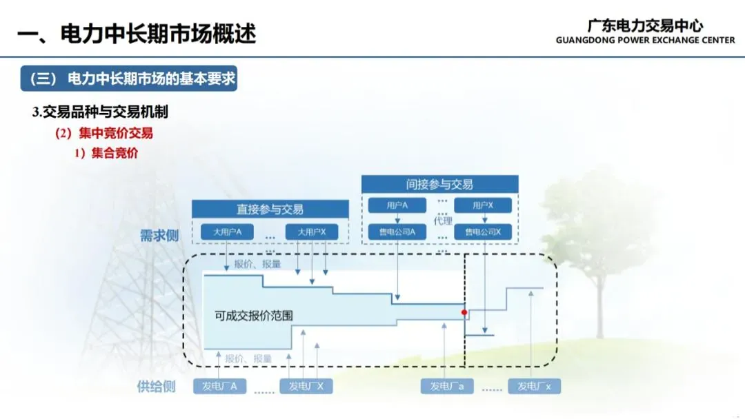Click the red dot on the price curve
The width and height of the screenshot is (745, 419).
[464, 312]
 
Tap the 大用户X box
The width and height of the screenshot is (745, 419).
[312, 232]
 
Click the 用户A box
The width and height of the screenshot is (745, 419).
[397, 205]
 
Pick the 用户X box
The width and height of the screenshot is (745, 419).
[483, 205]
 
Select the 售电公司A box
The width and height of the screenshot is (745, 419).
[397, 232]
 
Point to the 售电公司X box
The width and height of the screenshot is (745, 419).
[483, 232]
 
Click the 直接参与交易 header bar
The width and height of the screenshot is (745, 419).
[270, 209]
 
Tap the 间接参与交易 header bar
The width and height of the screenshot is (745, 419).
[439, 184]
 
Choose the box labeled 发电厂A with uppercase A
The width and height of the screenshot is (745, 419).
[219, 387]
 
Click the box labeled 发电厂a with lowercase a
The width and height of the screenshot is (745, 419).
[447, 387]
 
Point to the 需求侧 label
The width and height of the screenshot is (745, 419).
[159, 236]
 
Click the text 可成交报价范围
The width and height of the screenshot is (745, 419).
[254, 316]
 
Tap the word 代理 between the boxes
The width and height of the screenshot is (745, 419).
[443, 221]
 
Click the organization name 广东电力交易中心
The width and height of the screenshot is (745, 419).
[645, 25]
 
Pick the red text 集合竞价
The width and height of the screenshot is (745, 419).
[114, 153]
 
